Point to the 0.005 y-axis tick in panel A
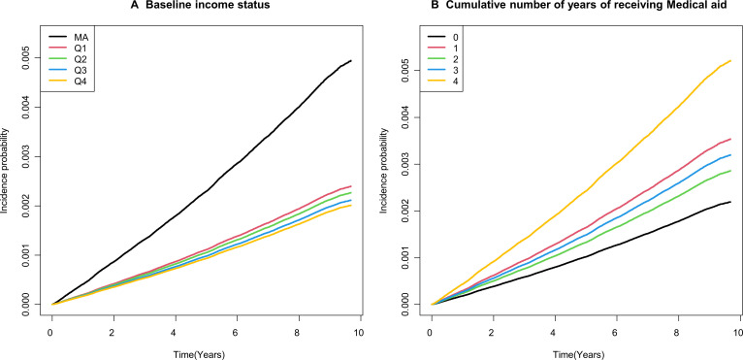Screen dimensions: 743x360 [33, 58]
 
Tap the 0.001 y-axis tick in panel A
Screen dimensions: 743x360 [33, 254]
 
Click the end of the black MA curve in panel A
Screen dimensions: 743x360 [351, 61]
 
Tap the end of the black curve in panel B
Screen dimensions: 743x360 [730, 202]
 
